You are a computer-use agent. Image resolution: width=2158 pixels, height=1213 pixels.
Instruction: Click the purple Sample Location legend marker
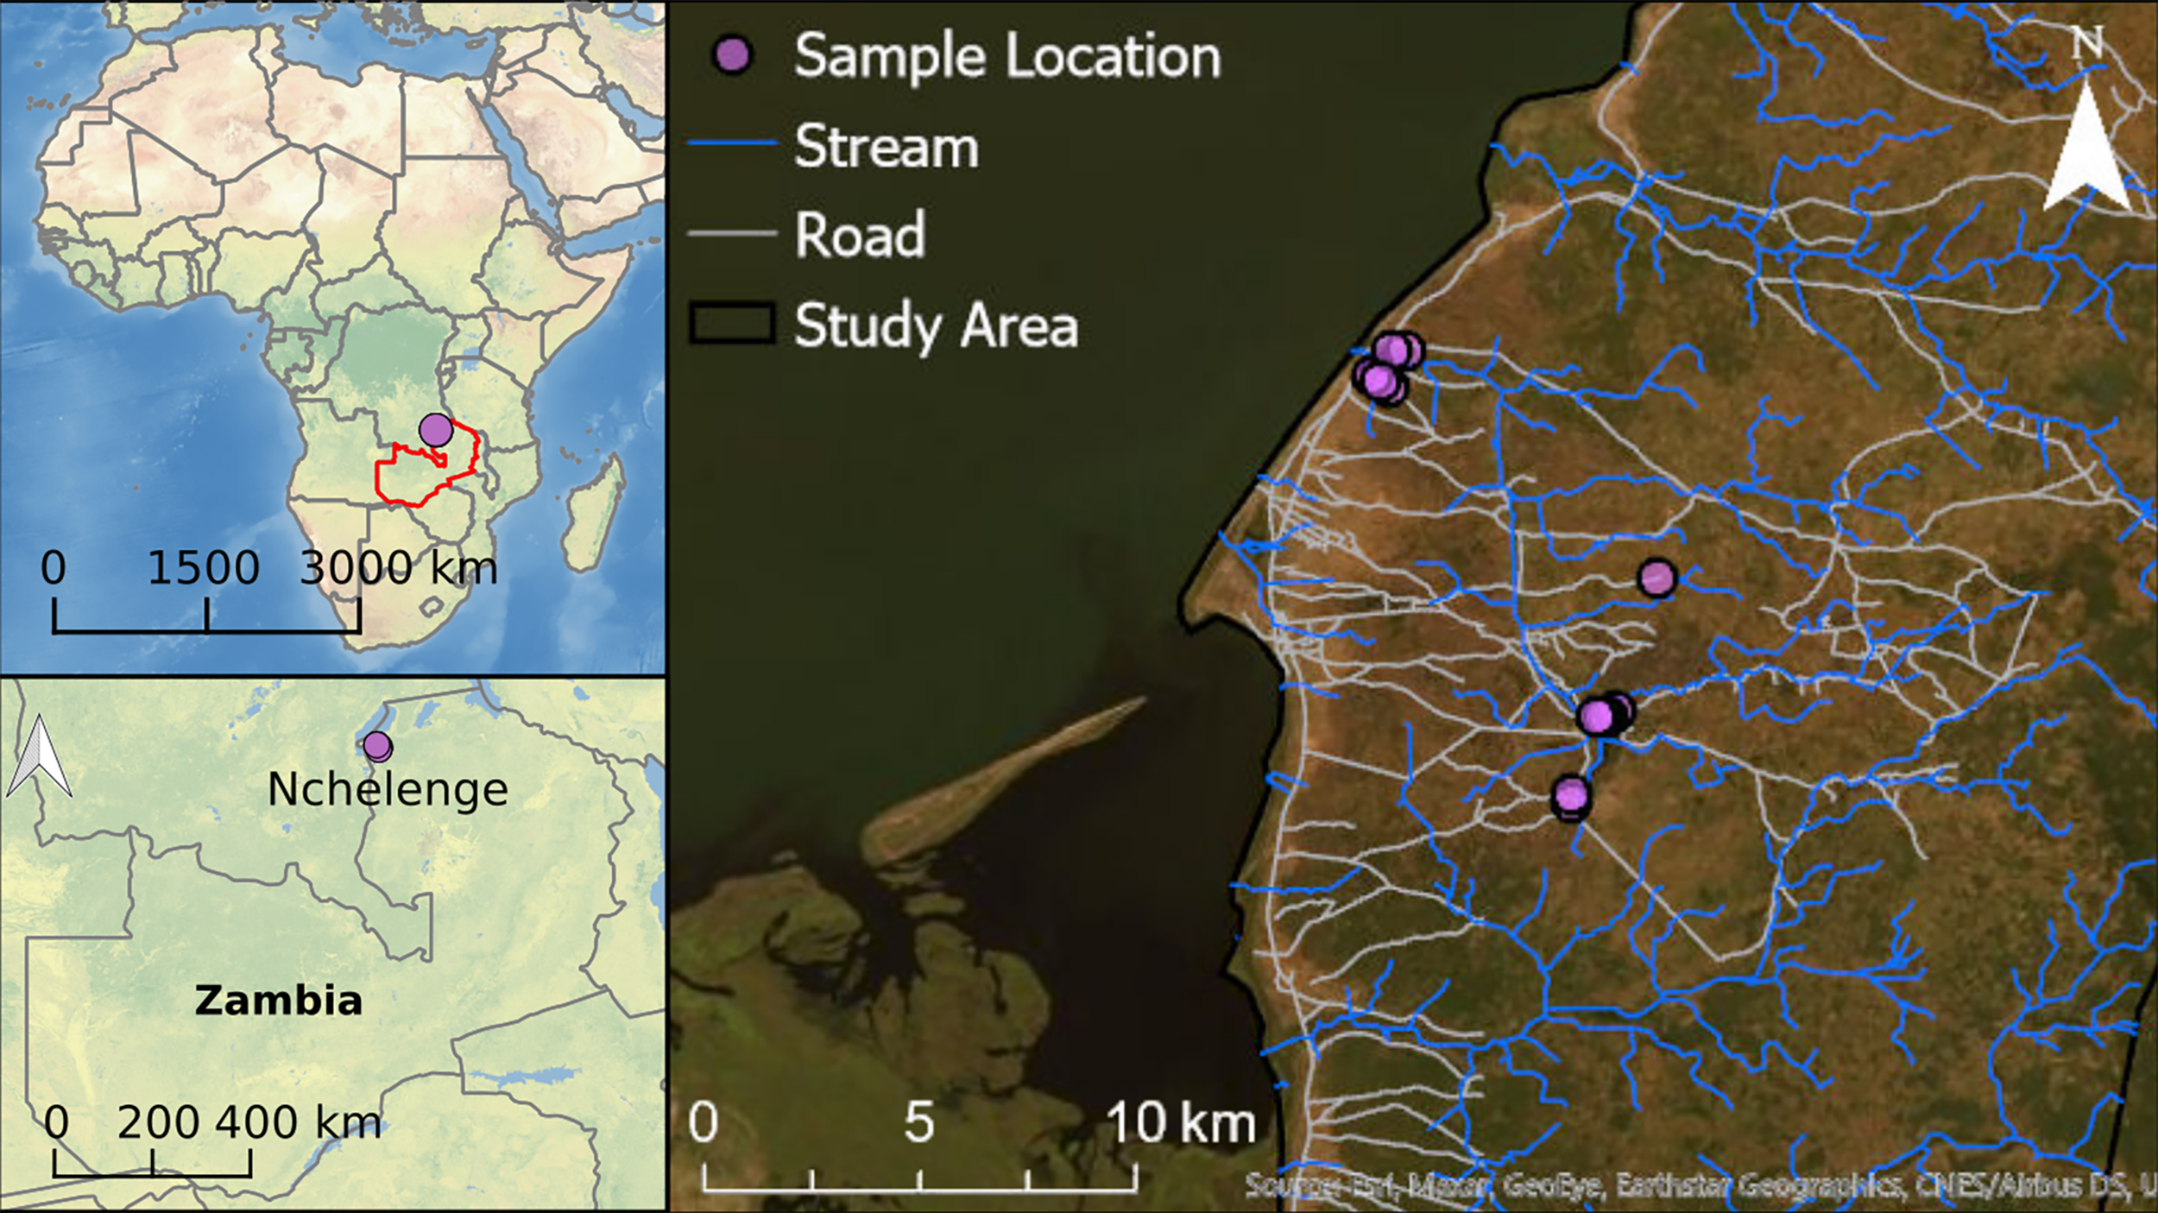pos(733,56)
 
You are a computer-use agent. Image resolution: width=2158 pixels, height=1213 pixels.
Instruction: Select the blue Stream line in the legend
pos(732,142)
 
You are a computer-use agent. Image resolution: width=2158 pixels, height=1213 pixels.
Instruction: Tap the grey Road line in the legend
pos(732,233)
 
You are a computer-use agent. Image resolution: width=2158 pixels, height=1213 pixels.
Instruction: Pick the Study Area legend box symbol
pos(731,325)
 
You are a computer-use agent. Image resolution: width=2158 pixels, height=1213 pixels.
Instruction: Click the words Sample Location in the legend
pos(1007,57)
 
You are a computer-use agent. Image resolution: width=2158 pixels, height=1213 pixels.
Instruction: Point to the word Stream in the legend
pos(887,147)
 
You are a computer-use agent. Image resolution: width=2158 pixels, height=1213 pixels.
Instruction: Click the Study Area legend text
pos(936,326)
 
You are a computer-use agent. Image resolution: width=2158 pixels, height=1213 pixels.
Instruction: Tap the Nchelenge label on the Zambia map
pos(388,789)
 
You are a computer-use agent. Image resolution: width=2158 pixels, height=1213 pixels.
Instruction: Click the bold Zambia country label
pos(278,1001)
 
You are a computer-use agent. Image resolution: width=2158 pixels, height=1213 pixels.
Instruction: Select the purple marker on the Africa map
pos(436,429)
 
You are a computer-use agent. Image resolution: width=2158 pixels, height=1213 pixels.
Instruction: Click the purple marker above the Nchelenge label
pos(377,745)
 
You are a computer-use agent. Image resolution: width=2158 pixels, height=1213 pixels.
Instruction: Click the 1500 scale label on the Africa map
pos(204,568)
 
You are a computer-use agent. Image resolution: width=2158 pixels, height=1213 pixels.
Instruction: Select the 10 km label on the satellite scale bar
pos(1180,1123)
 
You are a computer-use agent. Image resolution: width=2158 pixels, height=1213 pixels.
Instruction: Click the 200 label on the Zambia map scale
pos(158,1122)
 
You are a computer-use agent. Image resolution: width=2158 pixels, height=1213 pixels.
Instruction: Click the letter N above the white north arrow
pos(2087,43)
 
